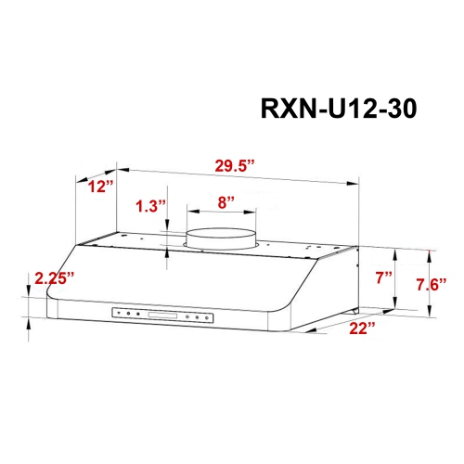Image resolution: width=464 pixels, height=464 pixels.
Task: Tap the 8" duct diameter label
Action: click(220, 200)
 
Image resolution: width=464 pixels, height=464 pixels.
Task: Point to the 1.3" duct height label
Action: click(148, 207)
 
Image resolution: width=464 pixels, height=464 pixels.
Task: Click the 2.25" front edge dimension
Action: click(53, 277)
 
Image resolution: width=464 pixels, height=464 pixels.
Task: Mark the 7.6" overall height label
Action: click(432, 283)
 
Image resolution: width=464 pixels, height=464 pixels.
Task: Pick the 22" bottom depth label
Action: click(362, 329)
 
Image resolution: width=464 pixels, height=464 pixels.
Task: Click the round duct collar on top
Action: click(219, 238)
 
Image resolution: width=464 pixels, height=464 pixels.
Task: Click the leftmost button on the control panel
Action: click(118, 316)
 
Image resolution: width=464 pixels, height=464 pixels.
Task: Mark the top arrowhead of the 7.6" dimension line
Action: click(428, 251)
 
